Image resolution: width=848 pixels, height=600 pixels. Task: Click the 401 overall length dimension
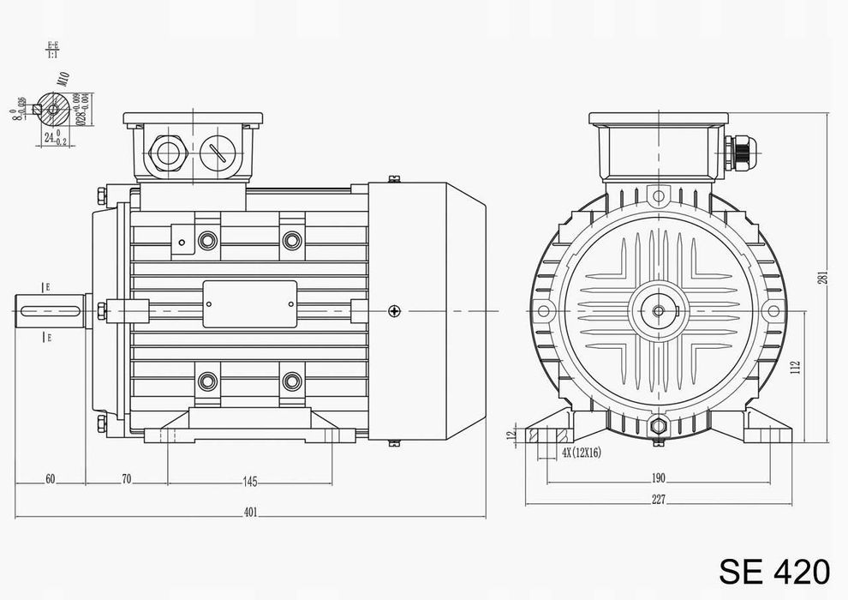coord(250,512)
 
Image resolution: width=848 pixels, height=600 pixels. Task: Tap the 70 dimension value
coord(126,479)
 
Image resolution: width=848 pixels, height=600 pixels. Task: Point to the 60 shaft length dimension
coord(50,479)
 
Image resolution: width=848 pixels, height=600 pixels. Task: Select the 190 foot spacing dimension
coord(659,477)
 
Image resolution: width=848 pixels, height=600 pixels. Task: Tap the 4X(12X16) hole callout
coord(581,452)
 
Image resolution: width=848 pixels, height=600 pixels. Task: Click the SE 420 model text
coord(773,569)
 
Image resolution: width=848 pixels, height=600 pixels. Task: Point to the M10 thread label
coord(63,83)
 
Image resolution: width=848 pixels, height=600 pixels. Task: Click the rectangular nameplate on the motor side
coord(249,303)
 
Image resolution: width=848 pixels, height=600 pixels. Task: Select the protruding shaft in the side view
coord(51,309)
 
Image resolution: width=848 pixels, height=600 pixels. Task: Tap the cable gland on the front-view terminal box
coord(738,155)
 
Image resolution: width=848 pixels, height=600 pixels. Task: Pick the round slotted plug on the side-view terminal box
coord(217,155)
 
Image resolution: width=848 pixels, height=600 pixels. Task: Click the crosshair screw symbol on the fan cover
coord(393,310)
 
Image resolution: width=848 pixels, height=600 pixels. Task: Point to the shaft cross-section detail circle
coord(52,109)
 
